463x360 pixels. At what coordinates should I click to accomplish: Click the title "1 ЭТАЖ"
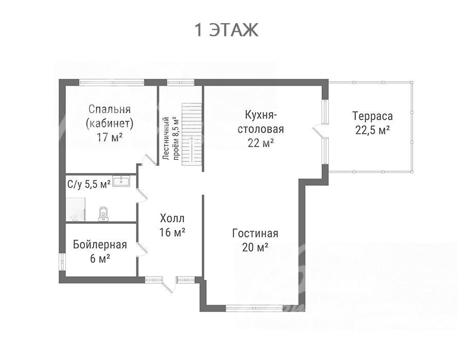pyautogui.click(x=226, y=30)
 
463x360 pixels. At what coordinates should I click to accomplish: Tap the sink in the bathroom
pyautogui.click(x=121, y=181)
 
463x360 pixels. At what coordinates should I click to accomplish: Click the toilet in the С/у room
pyautogui.click(x=103, y=213)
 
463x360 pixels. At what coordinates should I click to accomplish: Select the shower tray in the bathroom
pyautogui.click(x=76, y=209)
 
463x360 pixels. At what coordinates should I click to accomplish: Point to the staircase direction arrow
pyautogui.click(x=192, y=149)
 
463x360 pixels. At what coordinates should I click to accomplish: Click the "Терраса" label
pyautogui.click(x=372, y=116)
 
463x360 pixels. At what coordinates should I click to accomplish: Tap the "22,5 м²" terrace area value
pyautogui.click(x=372, y=130)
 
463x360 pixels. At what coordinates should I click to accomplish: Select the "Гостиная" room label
pyautogui.click(x=255, y=233)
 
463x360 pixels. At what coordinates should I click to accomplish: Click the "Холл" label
pyautogui.click(x=172, y=219)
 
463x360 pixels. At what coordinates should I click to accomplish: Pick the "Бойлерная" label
pyautogui.click(x=100, y=245)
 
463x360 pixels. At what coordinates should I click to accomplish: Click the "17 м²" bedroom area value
pyautogui.click(x=110, y=137)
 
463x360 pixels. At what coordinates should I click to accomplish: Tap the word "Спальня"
pyautogui.click(x=110, y=109)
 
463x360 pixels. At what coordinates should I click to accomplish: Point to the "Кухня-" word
pyautogui.click(x=261, y=115)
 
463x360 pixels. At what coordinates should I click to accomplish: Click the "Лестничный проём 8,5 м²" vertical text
pyautogui.click(x=171, y=138)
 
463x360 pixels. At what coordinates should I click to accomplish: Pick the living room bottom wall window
pyautogui.click(x=254, y=309)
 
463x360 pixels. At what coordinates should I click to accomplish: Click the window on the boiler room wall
pyautogui.click(x=62, y=261)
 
